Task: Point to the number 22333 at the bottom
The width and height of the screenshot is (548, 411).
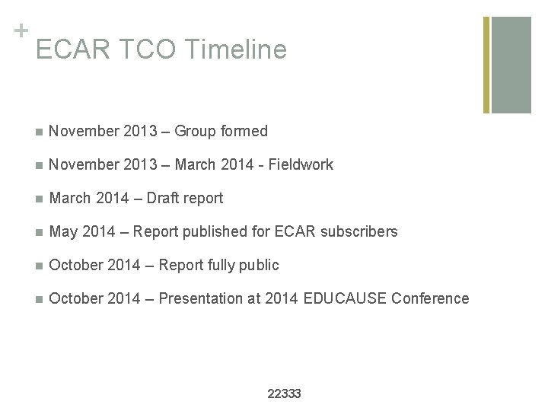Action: tap(285, 393)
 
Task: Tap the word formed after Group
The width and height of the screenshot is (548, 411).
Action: tap(242, 132)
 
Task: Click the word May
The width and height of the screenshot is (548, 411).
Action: tap(62, 231)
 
